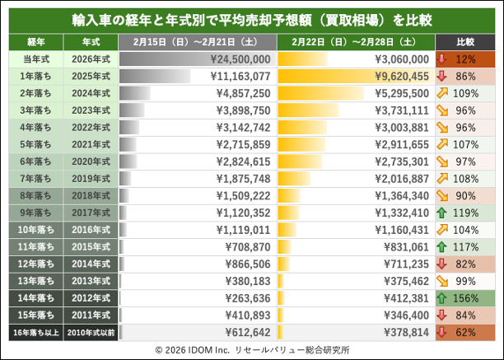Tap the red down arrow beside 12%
coord(445,59)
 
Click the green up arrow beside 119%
coord(445,212)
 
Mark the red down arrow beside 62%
coord(445,331)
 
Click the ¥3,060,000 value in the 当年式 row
coord(402,59)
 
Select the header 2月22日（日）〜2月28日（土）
coord(356,41)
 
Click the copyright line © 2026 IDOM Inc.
coord(252,349)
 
